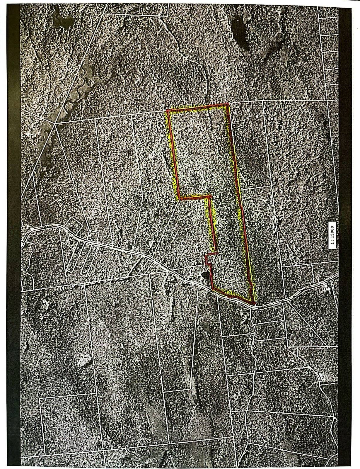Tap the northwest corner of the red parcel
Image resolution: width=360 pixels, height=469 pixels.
(x=167, y=111)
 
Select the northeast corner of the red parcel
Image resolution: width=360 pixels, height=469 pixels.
(x=228, y=104)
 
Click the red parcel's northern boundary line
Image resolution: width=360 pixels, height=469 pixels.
(x=198, y=108)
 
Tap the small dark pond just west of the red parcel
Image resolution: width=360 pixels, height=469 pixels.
(x=205, y=276)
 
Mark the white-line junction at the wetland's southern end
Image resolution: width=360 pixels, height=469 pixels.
(x=55, y=124)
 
